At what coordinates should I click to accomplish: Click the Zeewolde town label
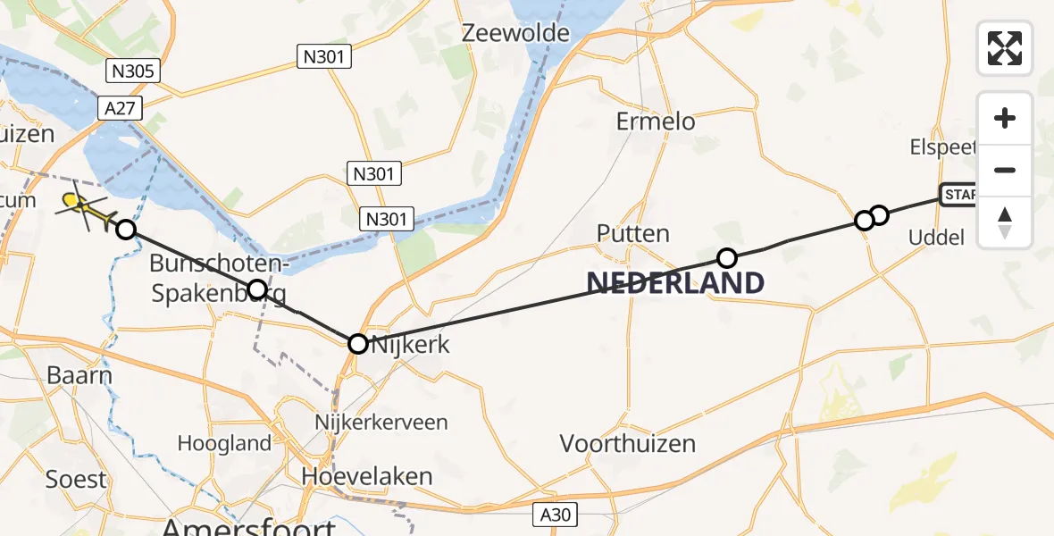click(x=516, y=33)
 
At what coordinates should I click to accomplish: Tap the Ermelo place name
click(x=656, y=121)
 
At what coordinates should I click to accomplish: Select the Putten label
click(x=632, y=234)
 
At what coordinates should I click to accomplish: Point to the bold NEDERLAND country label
click(x=675, y=283)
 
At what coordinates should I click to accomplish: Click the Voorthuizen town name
click(x=627, y=443)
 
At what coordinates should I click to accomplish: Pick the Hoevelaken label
click(x=366, y=476)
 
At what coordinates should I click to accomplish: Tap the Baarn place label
click(x=80, y=374)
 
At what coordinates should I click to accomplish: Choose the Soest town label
click(x=75, y=480)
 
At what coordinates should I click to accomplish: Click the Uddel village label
click(x=936, y=238)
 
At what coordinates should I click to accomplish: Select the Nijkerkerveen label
click(x=381, y=422)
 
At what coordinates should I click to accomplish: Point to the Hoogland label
click(x=224, y=443)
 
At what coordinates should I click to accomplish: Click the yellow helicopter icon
click(x=85, y=208)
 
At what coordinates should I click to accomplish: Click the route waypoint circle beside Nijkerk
click(x=357, y=343)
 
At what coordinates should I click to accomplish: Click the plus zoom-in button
click(x=1005, y=118)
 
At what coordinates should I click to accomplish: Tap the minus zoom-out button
click(x=1005, y=170)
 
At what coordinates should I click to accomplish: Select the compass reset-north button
click(x=1005, y=222)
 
